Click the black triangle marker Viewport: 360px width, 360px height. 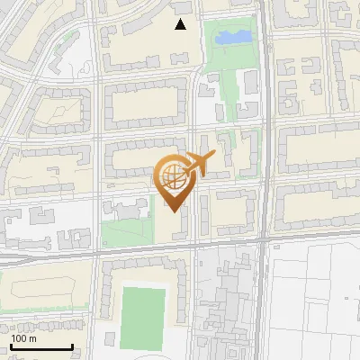click(x=181, y=24)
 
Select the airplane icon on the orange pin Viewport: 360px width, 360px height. click(x=198, y=165)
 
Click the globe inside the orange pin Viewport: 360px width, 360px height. click(x=173, y=177)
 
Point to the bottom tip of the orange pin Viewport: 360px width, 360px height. click(x=174, y=212)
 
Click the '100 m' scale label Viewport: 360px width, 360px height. click(x=23, y=338)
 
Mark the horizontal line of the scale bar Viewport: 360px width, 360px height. click(x=40, y=347)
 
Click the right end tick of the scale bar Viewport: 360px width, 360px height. click(x=72, y=345)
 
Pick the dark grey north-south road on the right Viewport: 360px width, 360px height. click(x=262, y=135)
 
